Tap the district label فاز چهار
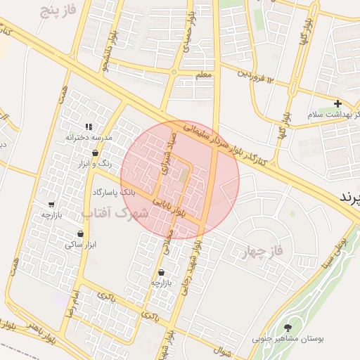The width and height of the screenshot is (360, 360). point(264,251)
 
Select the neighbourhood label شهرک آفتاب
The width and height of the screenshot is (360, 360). point(115,212)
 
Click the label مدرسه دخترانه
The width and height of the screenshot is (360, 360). point(89,137)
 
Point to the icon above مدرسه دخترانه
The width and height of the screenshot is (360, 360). point(89,127)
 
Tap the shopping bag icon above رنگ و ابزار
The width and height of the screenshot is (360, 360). point(95,153)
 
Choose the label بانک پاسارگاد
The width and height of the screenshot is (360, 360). point(113,191)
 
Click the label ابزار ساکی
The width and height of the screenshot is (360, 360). point(79,245)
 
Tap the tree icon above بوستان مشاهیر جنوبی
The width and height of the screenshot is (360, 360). point(288,328)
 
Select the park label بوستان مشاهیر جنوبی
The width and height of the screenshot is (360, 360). point(288,339)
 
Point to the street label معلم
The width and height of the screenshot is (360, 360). point(203,74)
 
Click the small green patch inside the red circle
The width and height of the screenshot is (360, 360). point(184,174)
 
